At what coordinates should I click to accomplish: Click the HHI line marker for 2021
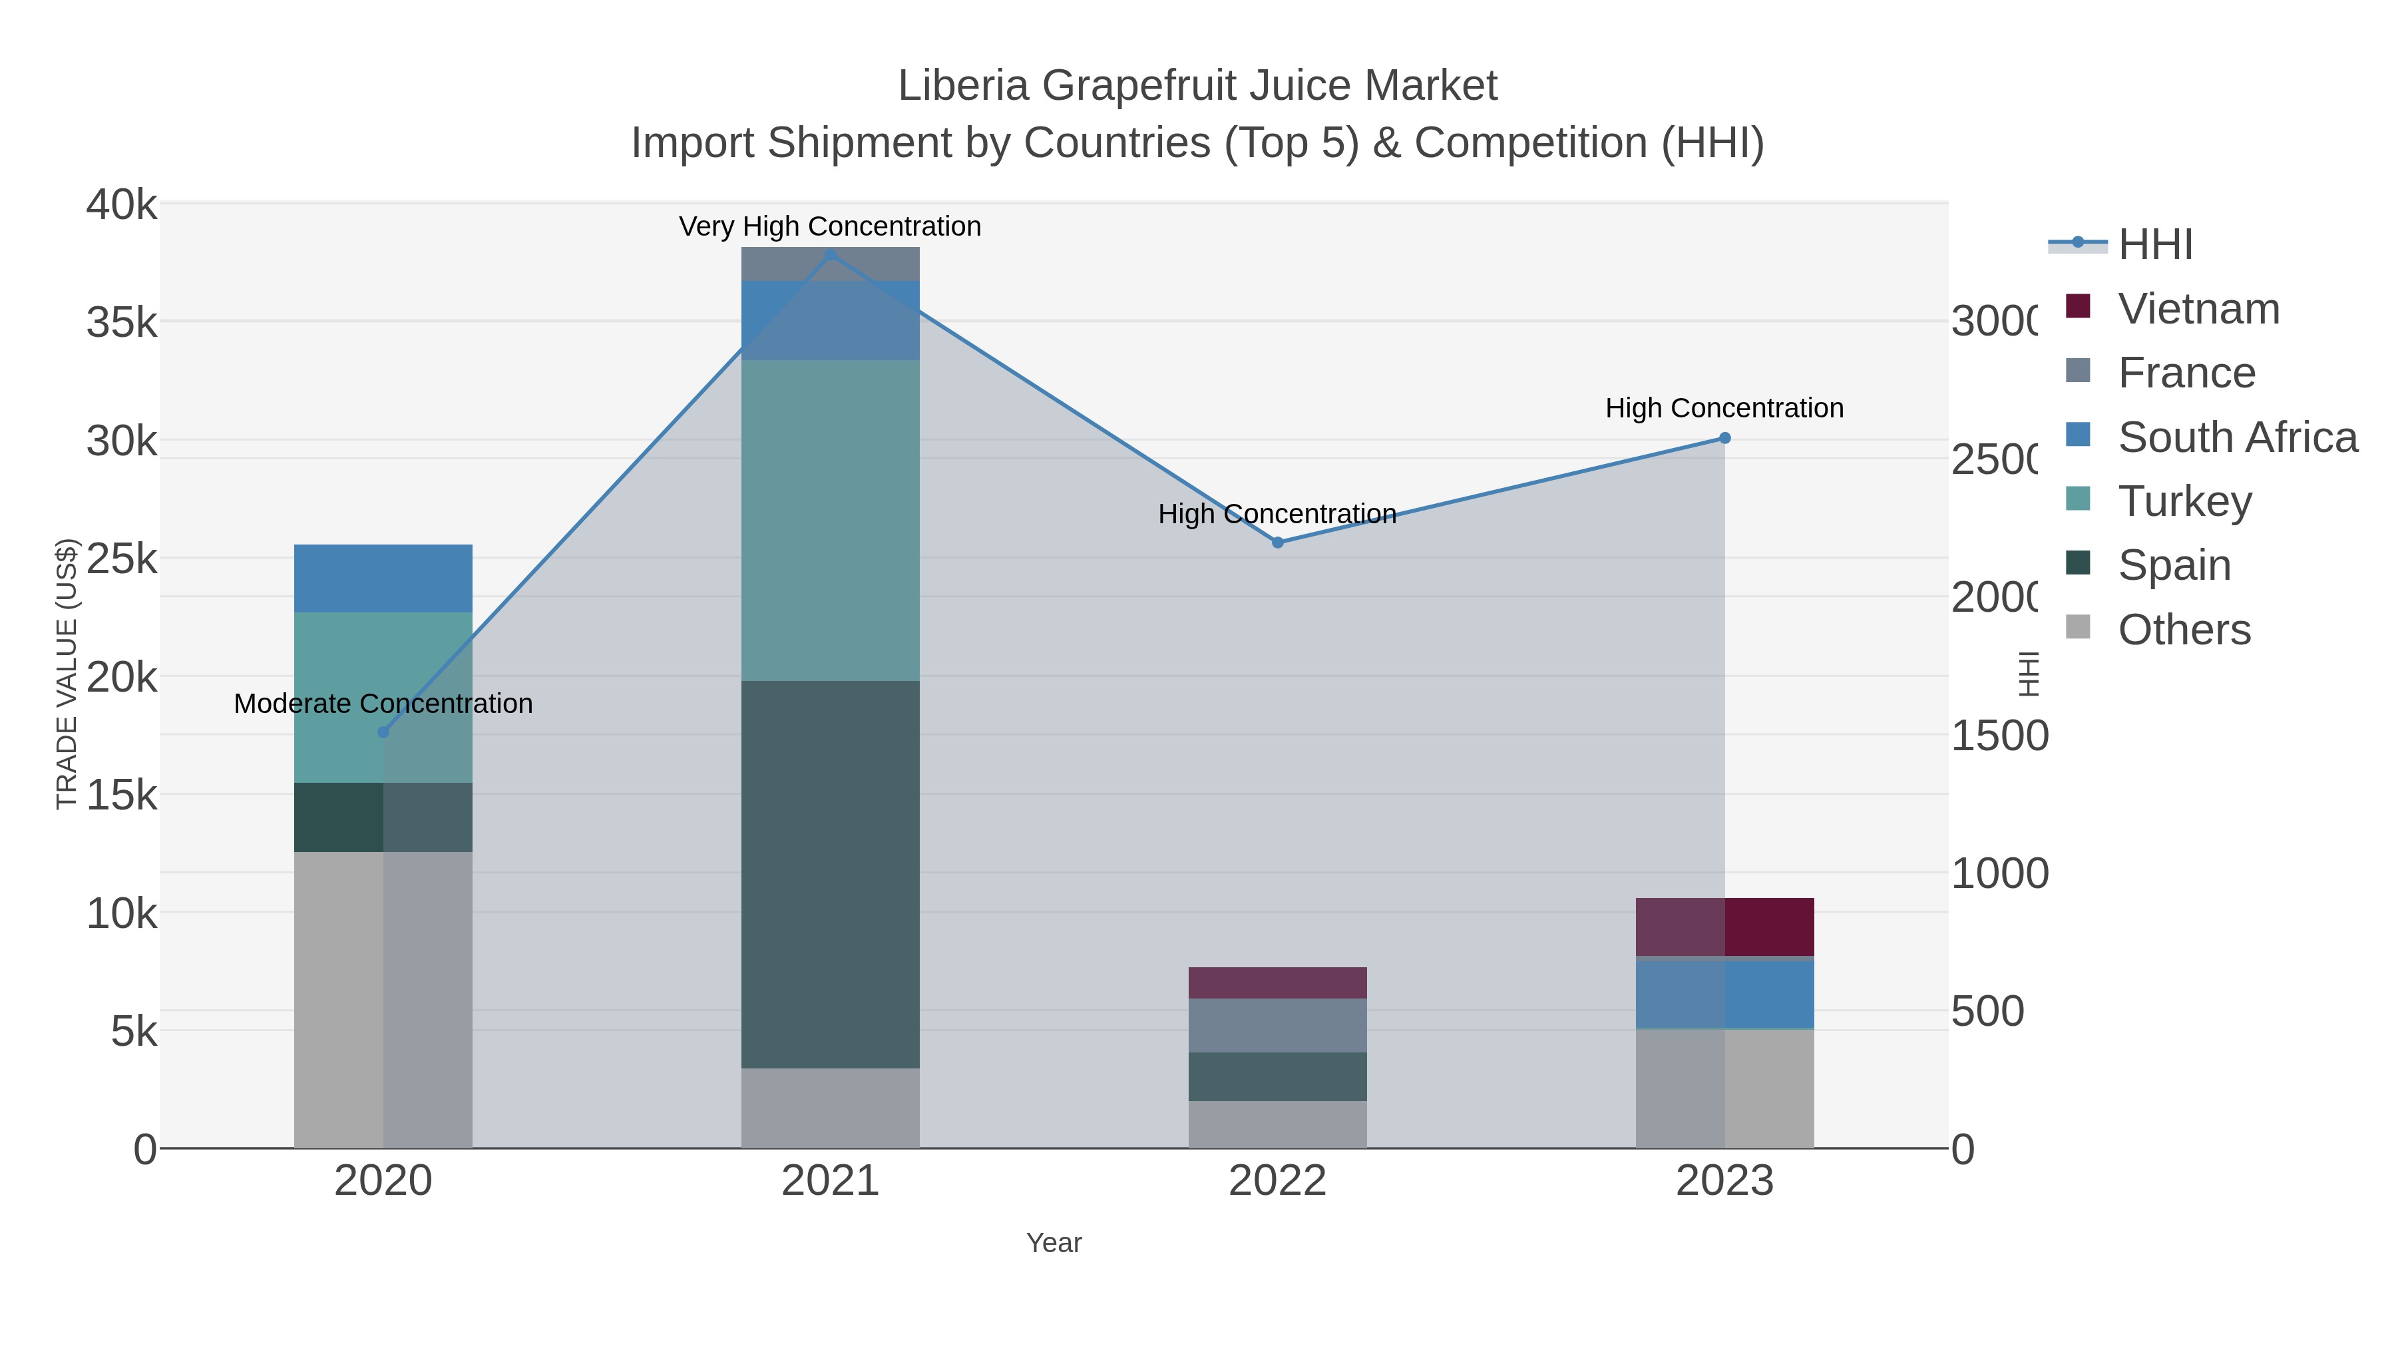coord(831,255)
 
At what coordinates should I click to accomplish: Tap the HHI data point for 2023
coord(1724,438)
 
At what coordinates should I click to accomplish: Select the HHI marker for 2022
coord(1277,543)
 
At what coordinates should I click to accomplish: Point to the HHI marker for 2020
coord(383,732)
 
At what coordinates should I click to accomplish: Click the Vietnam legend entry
coord(2198,309)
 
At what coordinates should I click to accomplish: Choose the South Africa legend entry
coord(2237,437)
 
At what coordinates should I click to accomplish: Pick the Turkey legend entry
coord(2184,501)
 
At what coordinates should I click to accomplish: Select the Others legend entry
coord(2184,630)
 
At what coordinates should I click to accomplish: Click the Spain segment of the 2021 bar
coord(831,875)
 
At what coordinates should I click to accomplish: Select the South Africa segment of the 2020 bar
coord(383,578)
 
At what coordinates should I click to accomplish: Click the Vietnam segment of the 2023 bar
coord(1724,927)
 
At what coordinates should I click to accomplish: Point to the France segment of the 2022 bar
coord(1277,1025)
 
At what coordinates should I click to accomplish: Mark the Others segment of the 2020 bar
coord(383,1000)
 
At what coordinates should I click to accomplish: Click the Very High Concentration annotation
coord(830,226)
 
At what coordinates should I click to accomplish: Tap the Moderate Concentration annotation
coord(383,704)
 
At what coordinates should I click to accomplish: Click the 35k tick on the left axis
coord(122,323)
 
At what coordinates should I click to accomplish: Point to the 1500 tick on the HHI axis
coord(1999,736)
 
